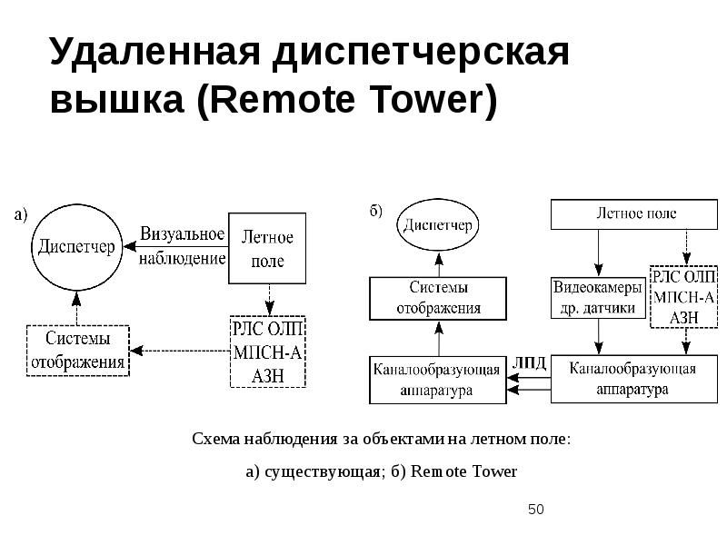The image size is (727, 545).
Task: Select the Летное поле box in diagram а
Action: pyautogui.click(x=267, y=249)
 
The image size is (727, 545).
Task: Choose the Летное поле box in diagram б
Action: pyautogui.click(x=635, y=214)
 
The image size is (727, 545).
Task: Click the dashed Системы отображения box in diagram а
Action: pyautogui.click(x=77, y=351)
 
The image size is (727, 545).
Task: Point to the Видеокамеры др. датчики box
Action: pyautogui.click(x=598, y=298)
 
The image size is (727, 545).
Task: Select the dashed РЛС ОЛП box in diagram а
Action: pyautogui.click(x=267, y=351)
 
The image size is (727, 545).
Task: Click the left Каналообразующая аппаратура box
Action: pyautogui.click(x=437, y=380)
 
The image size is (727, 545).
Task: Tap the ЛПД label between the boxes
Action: pyautogui.click(x=530, y=362)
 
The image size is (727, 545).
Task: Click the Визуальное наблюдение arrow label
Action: pyautogui.click(x=181, y=245)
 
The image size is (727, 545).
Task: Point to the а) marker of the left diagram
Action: pyautogui.click(x=20, y=215)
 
